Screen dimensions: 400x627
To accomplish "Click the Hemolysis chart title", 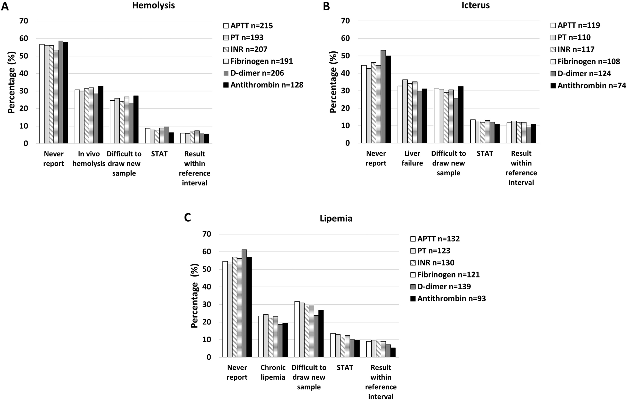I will click(x=153, y=5).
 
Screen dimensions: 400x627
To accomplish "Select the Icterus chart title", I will click(x=475, y=5).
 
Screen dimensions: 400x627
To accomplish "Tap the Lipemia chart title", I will click(x=336, y=218).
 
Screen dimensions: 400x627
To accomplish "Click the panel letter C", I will click(x=187, y=218).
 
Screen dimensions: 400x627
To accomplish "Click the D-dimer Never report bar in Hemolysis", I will click(x=61, y=92).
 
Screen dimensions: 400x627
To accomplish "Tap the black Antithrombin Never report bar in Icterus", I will click(x=388, y=99).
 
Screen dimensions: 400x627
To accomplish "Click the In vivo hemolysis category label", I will click(x=89, y=159).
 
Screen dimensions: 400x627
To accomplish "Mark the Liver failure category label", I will click(x=412, y=158).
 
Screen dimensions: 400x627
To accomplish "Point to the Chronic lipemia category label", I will click(x=273, y=372).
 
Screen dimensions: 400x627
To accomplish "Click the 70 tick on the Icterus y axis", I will click(x=346, y=21).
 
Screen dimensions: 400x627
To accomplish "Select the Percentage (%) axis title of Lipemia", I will click(x=195, y=296).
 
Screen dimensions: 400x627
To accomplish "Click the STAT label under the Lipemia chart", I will click(x=345, y=367).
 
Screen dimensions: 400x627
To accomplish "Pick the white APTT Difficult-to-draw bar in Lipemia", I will click(x=297, y=329).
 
